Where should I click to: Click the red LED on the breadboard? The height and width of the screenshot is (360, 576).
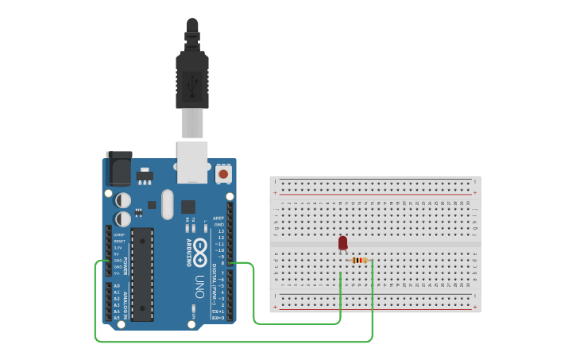(342, 242)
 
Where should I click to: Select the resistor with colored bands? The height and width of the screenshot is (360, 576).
(359, 260)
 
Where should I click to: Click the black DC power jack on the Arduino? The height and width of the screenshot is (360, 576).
(118, 168)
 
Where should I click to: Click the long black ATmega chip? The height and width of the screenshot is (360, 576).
(142, 274)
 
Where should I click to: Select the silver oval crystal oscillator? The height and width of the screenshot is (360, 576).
(167, 204)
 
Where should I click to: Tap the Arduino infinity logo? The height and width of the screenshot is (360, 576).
(200, 248)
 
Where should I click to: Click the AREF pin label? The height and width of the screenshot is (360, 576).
(218, 218)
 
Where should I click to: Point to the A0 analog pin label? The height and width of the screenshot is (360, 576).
(117, 286)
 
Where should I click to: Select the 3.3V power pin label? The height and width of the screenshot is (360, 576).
(118, 248)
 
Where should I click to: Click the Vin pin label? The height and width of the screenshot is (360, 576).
(118, 273)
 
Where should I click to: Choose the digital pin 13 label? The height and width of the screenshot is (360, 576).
(220, 231)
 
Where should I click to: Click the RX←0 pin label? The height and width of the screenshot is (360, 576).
(218, 318)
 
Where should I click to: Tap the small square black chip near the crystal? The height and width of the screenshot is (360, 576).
(188, 207)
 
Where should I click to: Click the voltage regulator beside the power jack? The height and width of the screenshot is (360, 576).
(145, 175)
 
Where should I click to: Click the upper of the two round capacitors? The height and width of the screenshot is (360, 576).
(124, 200)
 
